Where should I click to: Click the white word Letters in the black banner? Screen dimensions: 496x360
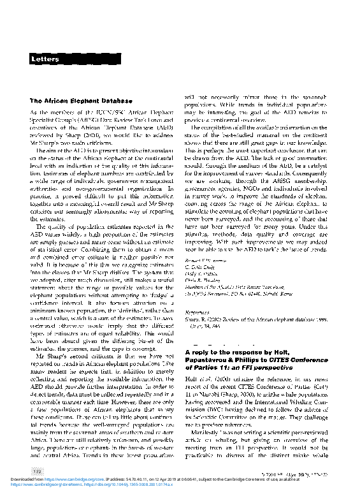coord(45,59)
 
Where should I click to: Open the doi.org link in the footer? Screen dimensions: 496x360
coord(121,483)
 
